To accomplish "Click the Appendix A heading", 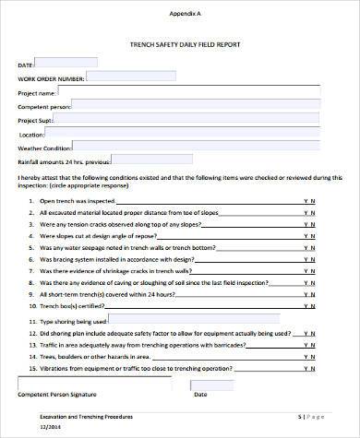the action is pyautogui.click(x=183, y=14).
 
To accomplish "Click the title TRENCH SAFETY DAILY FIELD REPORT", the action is pyautogui.click(x=183, y=43).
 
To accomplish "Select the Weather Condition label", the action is pyautogui.click(x=44, y=148).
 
